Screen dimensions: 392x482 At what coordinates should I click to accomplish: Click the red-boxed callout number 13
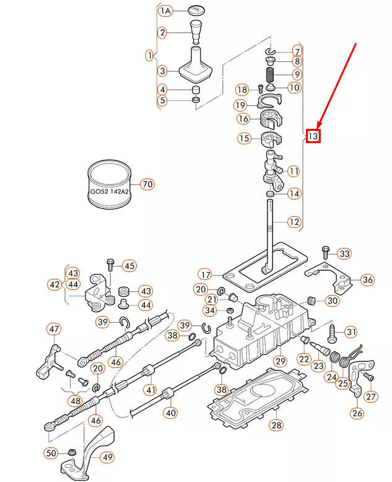pyautogui.click(x=313, y=136)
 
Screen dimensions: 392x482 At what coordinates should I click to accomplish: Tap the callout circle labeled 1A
pyautogui.click(x=165, y=11)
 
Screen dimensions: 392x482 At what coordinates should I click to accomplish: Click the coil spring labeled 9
pyautogui.click(x=270, y=75)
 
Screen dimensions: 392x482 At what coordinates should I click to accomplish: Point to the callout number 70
pyautogui.click(x=147, y=184)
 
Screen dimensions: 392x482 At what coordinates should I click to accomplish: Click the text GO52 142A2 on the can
pyautogui.click(x=110, y=192)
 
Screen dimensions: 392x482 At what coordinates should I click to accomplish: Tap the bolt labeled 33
pyautogui.click(x=326, y=255)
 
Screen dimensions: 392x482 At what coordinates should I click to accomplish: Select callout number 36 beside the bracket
pyautogui.click(x=367, y=280)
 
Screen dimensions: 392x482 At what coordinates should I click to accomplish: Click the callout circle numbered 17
pyautogui.click(x=205, y=274)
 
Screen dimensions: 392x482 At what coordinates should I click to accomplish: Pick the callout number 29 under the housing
pyautogui.click(x=280, y=361)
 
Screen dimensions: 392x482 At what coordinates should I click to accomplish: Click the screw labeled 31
pyautogui.click(x=332, y=334)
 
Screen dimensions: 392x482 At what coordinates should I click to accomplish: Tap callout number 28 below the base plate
pyautogui.click(x=276, y=425)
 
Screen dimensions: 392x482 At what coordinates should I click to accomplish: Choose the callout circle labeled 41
pyautogui.click(x=150, y=390)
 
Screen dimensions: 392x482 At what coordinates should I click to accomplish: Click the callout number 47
pyautogui.click(x=54, y=329)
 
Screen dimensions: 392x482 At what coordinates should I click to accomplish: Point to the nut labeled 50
pyautogui.click(x=72, y=452)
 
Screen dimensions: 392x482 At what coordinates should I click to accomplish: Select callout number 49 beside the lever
pyautogui.click(x=107, y=457)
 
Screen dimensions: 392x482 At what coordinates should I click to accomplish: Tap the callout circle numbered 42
pyautogui.click(x=54, y=284)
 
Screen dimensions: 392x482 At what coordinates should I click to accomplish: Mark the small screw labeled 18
pyautogui.click(x=260, y=89)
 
